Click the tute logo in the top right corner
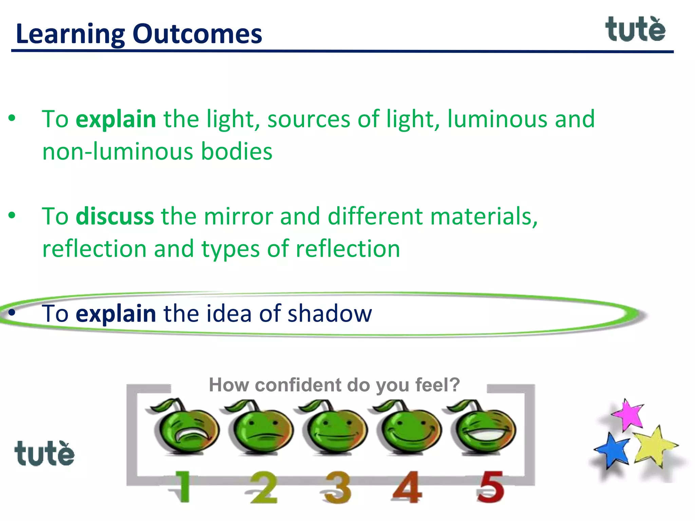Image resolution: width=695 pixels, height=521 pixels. click(x=635, y=30)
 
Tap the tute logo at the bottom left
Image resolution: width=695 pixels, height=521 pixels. click(x=44, y=454)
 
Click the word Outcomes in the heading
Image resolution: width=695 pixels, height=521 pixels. click(x=197, y=34)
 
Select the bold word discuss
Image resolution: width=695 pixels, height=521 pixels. click(x=115, y=216)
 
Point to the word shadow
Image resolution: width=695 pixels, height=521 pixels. click(x=330, y=313)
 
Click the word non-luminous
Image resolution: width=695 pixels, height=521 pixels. click(x=118, y=151)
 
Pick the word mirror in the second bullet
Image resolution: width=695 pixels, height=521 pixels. click(x=239, y=216)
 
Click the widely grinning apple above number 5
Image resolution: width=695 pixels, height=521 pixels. click(x=484, y=428)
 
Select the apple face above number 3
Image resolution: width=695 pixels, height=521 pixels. click(x=335, y=428)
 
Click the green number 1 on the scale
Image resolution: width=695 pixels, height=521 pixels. click(x=183, y=487)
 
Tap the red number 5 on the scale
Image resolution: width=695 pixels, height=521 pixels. click(x=491, y=487)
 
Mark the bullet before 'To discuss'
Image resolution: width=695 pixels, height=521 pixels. click(x=12, y=216)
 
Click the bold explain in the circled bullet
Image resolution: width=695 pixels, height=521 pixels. click(x=116, y=313)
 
